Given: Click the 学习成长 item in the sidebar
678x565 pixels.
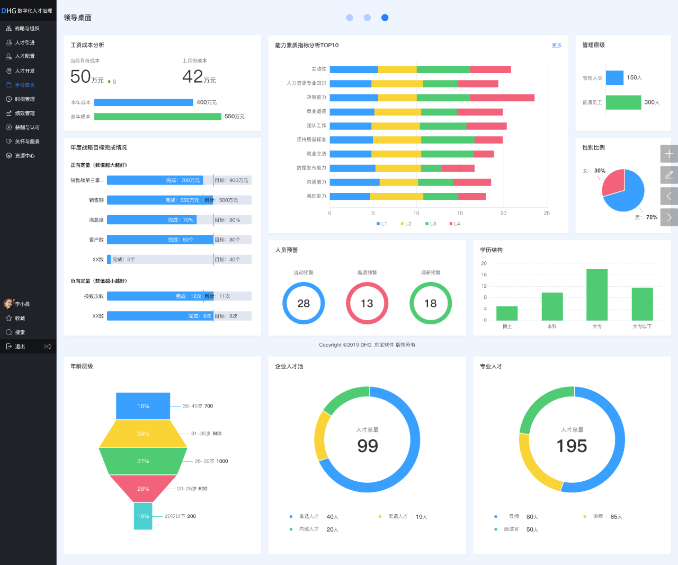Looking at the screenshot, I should (x=24, y=85).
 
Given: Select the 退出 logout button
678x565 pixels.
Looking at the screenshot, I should (x=20, y=346).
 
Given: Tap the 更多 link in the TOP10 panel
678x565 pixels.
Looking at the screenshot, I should (x=557, y=46).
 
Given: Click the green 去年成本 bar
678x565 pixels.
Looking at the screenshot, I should (x=157, y=117).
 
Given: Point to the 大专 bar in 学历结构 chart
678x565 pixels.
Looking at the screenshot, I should (x=597, y=295).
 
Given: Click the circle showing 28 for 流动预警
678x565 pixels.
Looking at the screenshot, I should (x=304, y=303).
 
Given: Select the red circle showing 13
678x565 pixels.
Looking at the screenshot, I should (x=367, y=303).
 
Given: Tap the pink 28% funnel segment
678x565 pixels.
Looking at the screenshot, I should (x=143, y=488).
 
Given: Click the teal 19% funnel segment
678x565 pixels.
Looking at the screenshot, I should (x=143, y=516).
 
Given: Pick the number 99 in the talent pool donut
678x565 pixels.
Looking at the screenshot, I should (x=368, y=446).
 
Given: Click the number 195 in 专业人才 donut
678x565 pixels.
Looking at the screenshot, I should (x=572, y=446).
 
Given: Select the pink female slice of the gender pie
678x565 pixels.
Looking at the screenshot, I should (x=614, y=182).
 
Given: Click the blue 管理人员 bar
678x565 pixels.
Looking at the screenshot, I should (x=614, y=78).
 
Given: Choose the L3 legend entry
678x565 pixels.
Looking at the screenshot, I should (x=431, y=224).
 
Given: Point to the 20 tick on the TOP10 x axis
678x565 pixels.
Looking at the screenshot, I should (x=503, y=213).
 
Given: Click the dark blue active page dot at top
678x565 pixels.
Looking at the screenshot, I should (x=385, y=17).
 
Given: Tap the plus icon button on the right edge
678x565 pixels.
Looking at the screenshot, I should (x=669, y=154).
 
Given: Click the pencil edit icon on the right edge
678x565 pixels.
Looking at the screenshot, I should (x=669, y=175).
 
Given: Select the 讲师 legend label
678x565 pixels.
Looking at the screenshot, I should (x=597, y=516).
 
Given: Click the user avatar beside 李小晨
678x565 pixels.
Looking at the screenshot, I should (x=8, y=304).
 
